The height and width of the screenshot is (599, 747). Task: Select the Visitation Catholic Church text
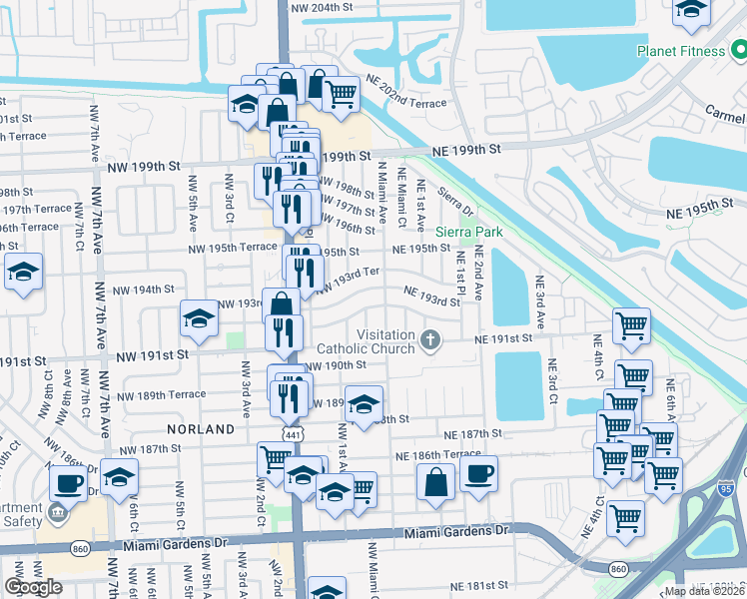point(365,341)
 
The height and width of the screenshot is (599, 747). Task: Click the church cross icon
point(431,341)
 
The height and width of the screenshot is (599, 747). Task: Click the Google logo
point(33,587)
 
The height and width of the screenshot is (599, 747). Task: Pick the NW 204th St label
point(328,7)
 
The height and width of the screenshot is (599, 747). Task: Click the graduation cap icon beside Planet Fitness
point(691,11)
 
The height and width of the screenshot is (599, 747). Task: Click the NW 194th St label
point(145,290)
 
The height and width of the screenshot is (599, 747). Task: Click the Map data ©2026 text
point(705,591)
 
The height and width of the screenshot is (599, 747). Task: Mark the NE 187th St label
point(467,434)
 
